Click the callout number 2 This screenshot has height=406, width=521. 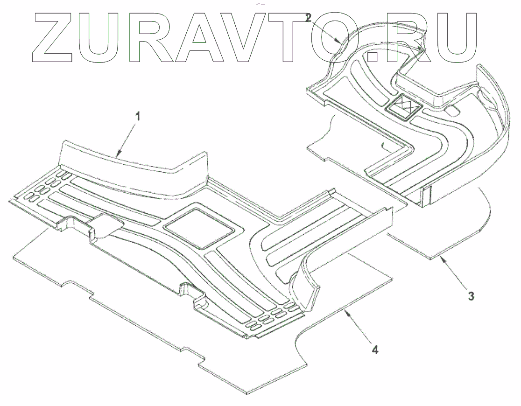pos(308,18)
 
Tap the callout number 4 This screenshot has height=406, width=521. pos(374,348)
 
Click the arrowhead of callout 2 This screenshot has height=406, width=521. pos(339,41)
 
